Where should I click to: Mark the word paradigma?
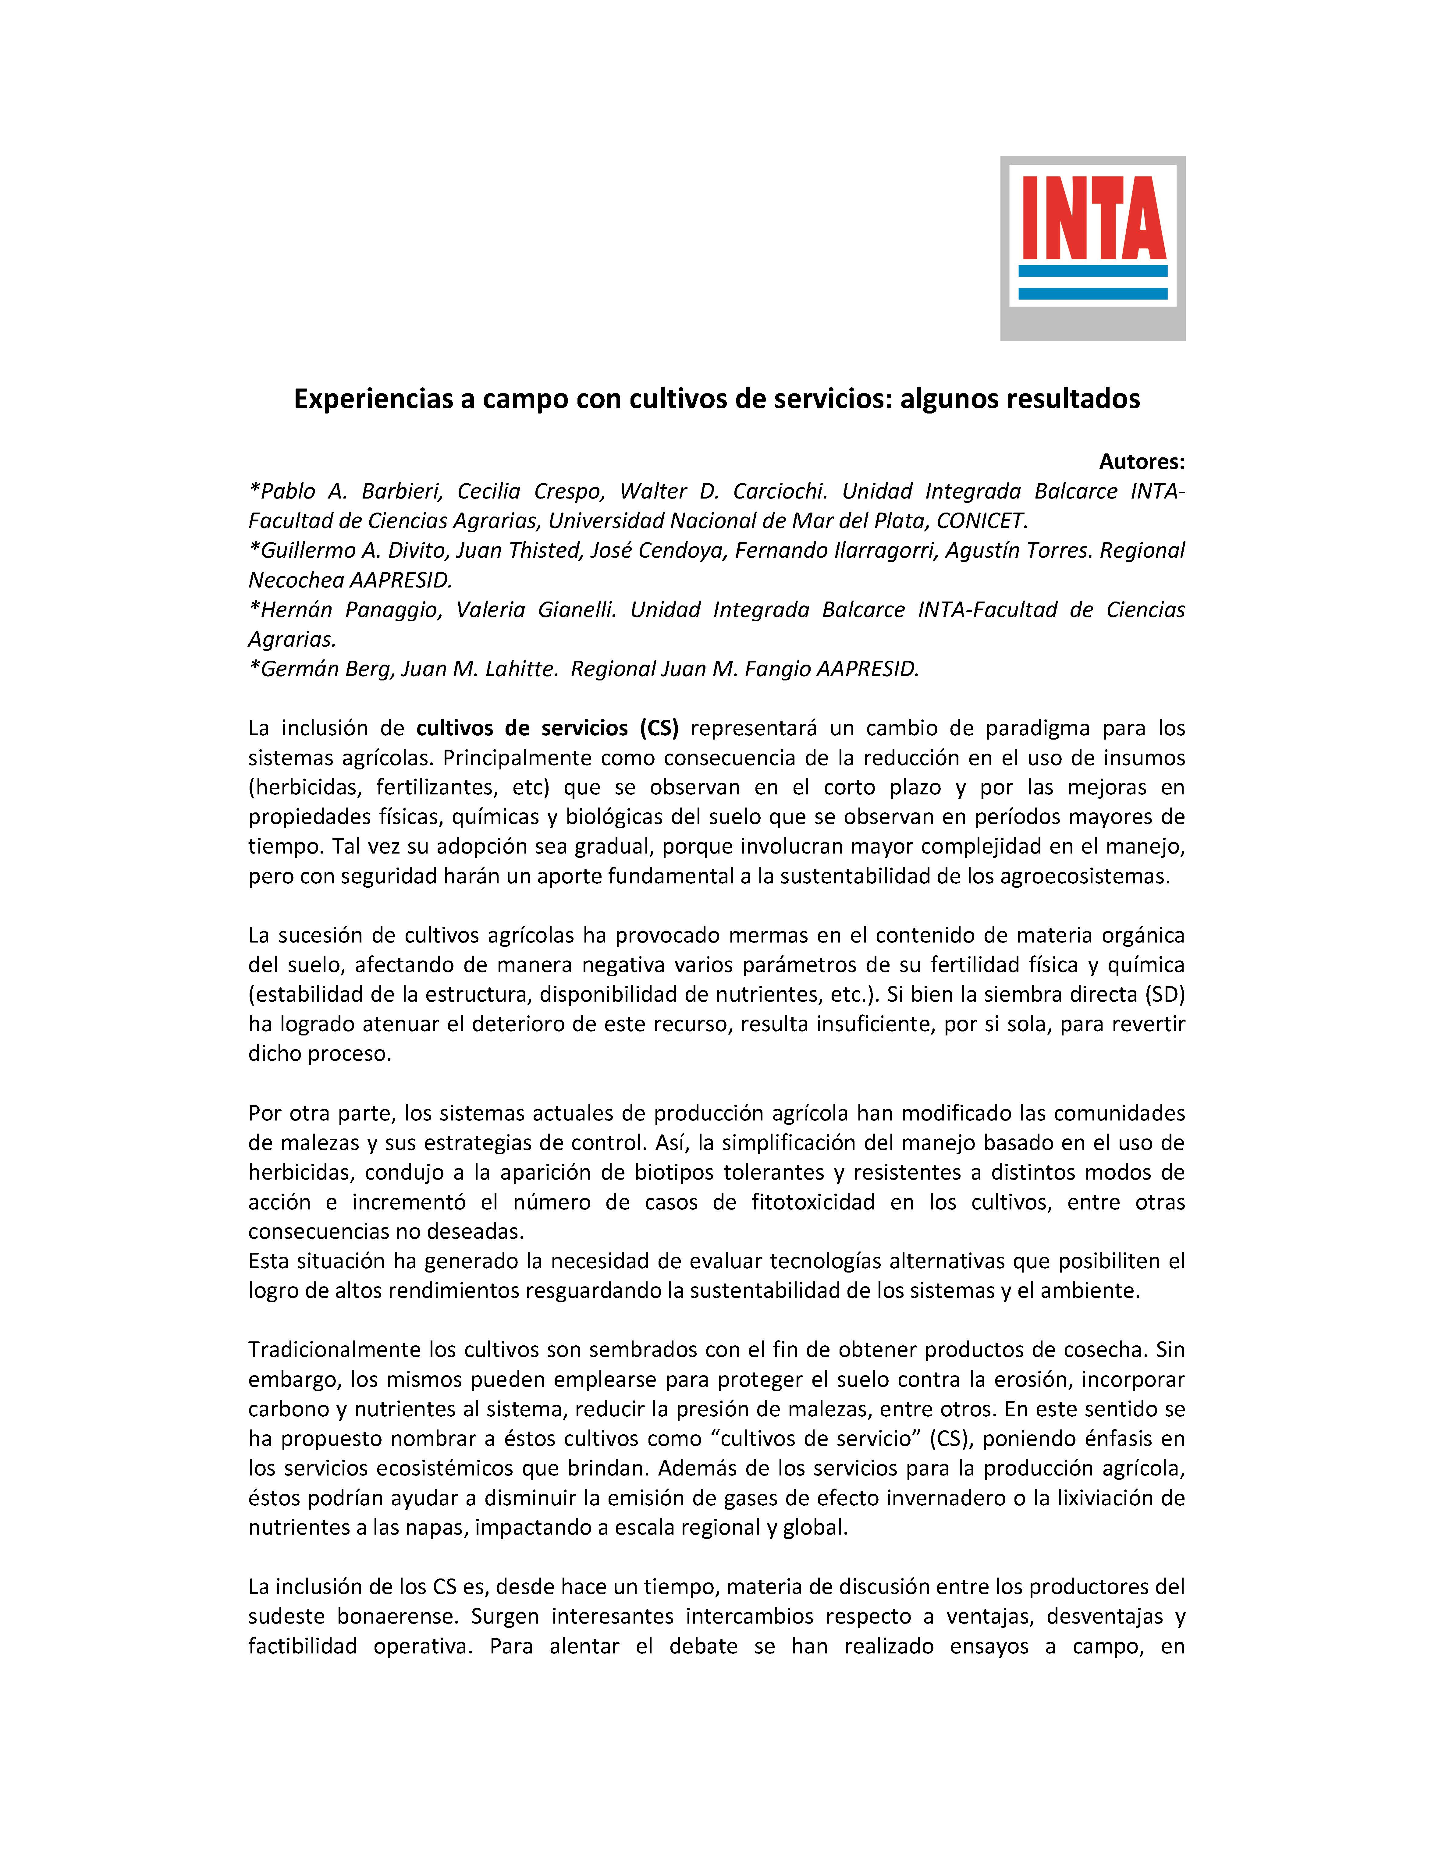coord(1037,728)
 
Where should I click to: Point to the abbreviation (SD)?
coord(1164,994)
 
